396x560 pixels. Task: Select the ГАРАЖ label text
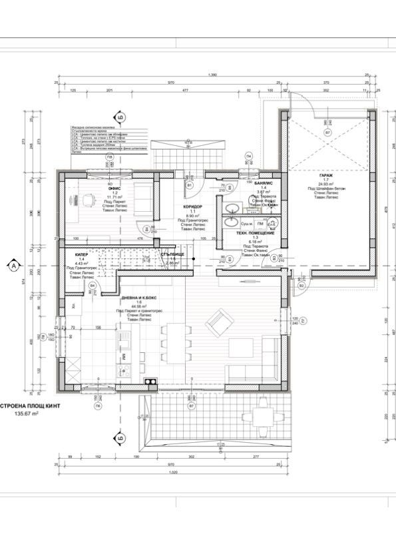(x=326, y=175)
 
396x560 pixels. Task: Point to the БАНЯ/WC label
(x=264, y=182)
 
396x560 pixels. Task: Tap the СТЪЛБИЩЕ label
(x=172, y=254)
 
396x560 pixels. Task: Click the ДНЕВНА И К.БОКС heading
(x=139, y=297)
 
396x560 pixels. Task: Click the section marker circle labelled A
(x=13, y=265)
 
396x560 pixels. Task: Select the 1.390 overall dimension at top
(x=213, y=75)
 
